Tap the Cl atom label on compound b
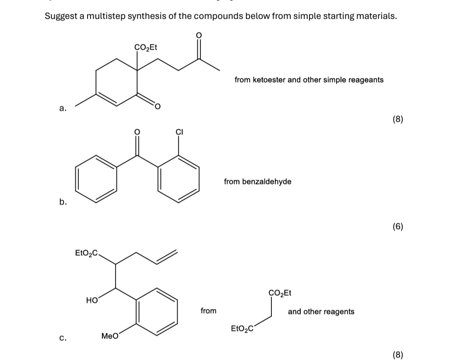(x=179, y=131)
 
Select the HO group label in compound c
(x=91, y=300)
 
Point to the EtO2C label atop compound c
(x=87, y=253)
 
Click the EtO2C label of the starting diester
(x=242, y=328)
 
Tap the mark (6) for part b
(x=397, y=226)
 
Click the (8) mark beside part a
(x=397, y=119)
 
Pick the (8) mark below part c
(x=397, y=355)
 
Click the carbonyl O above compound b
(x=137, y=131)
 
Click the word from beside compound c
(x=208, y=311)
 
